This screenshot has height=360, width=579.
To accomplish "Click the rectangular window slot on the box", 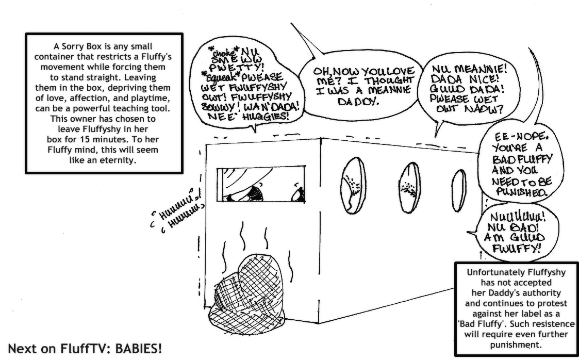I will (x=262, y=184).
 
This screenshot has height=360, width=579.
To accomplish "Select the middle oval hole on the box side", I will (x=409, y=187).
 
